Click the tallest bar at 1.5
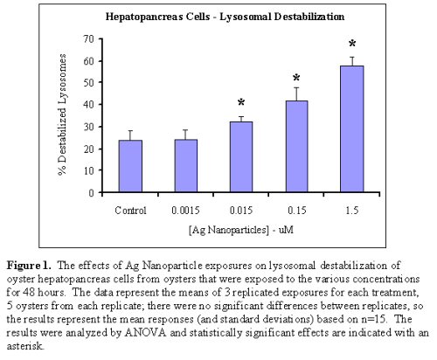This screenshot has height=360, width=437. click(x=351, y=129)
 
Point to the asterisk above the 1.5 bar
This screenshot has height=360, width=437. click(x=351, y=44)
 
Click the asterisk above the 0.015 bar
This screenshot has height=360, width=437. click(x=240, y=103)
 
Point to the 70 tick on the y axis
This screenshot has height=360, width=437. click(x=88, y=39)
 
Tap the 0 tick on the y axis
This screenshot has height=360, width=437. click(x=91, y=192)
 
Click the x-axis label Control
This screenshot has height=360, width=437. click(x=129, y=210)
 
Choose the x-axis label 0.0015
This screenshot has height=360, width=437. click(x=184, y=210)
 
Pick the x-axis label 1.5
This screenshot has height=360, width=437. click(x=351, y=210)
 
